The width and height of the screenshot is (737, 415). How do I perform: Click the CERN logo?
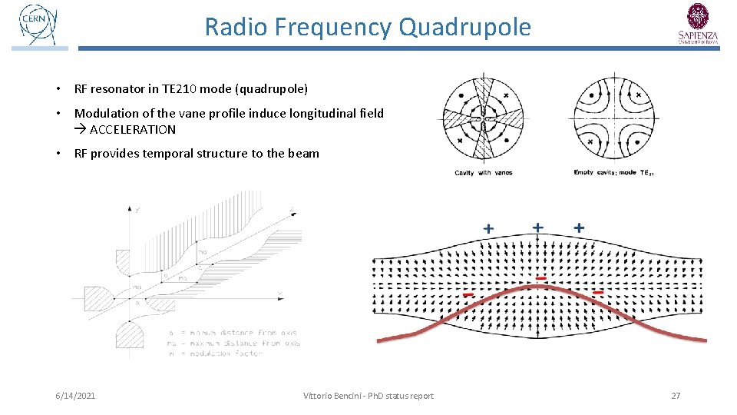coord(38,25)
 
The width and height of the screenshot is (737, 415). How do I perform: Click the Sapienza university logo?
coord(698,24)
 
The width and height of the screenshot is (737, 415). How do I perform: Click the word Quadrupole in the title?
coord(464,27)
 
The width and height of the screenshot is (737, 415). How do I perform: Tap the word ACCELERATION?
coord(133,129)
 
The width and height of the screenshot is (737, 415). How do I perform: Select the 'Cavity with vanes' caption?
coord(483,173)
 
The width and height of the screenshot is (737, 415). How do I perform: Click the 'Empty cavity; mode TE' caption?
coord(613,173)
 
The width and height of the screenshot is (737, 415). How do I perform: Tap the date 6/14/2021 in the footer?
coord(75,396)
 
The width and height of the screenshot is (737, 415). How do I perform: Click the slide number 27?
coord(676,396)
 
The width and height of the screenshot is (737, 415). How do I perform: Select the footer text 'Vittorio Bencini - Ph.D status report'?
coord(368,396)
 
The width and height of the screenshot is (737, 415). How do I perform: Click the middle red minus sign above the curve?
coord(541,277)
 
